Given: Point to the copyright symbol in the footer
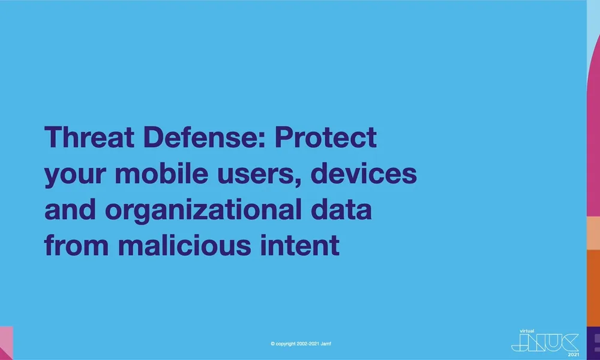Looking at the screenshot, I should [x=273, y=344].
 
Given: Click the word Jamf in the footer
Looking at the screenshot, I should [x=338, y=344].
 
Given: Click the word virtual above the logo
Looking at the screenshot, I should [x=519, y=329].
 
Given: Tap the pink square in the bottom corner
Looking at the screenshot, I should [x=6, y=343].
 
